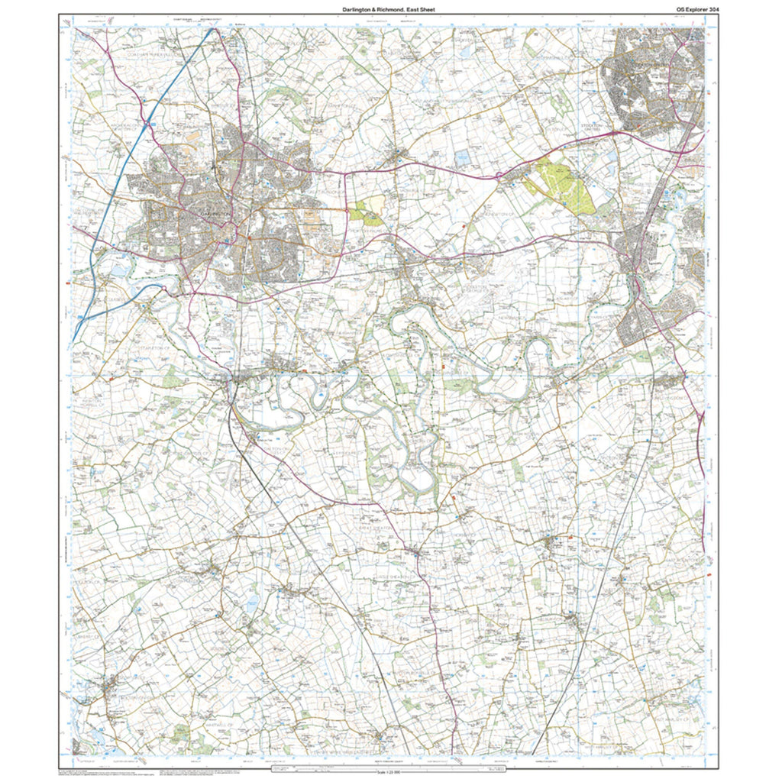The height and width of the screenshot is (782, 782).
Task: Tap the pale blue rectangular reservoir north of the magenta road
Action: [x=463, y=158]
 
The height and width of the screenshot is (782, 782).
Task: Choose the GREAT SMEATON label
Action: [x=376, y=527]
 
